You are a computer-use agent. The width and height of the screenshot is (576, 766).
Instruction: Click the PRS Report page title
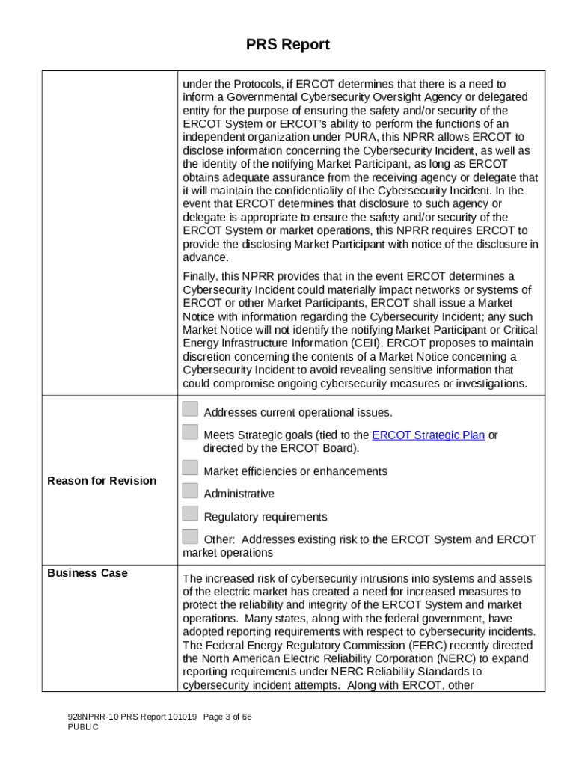pos(288,45)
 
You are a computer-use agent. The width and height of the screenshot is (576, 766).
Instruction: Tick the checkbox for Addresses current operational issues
pos(191,409)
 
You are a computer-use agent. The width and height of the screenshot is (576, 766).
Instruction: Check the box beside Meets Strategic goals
pos(191,432)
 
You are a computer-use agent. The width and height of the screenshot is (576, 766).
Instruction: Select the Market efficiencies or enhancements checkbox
pos(191,468)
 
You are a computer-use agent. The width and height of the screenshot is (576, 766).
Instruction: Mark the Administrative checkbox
pos(191,491)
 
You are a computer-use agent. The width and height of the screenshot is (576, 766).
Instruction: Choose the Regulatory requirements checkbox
pos(191,514)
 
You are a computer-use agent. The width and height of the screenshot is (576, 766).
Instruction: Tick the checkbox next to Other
pos(191,536)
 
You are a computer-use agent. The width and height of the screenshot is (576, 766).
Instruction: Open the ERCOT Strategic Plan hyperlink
pos(428,435)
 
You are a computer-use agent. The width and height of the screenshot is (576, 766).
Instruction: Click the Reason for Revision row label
pos(102,480)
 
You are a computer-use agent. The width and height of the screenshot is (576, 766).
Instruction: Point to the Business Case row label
pos(88,573)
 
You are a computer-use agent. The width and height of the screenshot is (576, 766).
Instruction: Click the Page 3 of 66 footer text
pos(227,717)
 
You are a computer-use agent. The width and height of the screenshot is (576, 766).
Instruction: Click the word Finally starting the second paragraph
pos(200,277)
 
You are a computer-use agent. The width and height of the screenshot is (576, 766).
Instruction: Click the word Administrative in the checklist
pos(239,494)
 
